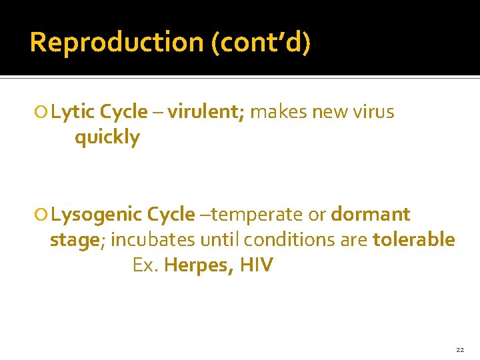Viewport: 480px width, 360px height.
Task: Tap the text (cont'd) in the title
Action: coord(261,42)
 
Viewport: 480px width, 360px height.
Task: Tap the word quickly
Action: coord(107,138)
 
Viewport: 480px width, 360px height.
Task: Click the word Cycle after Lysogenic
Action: coord(171,215)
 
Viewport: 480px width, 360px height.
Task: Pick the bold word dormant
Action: coord(371,215)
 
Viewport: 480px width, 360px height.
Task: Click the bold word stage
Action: coord(74,240)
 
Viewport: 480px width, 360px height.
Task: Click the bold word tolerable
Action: coord(414,240)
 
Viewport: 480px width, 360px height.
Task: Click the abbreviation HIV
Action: coord(257,265)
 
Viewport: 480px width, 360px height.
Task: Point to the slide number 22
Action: coord(460,349)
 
